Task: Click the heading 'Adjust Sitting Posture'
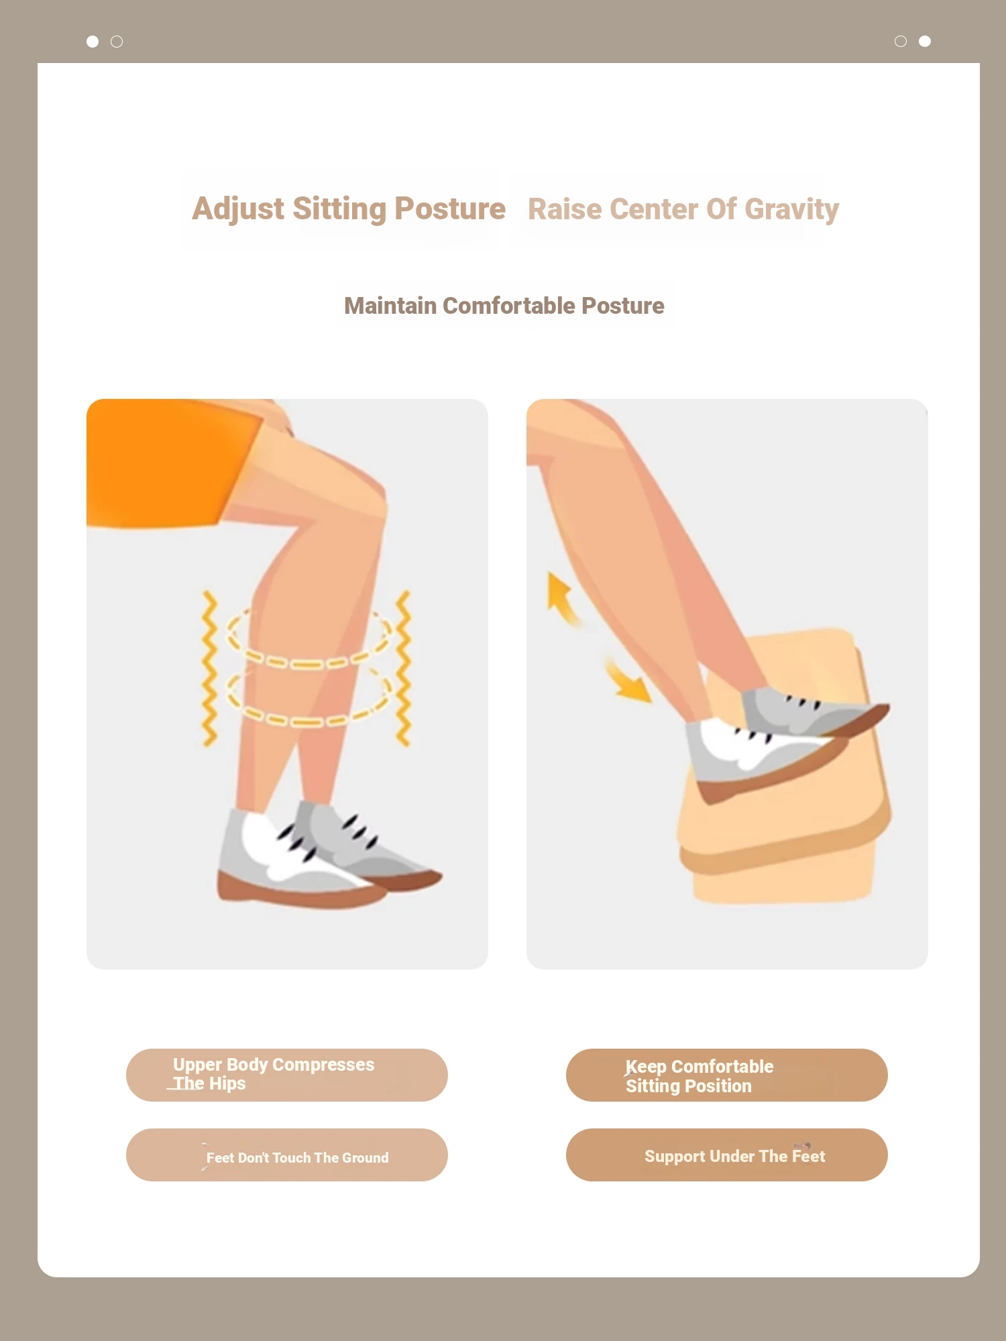(349, 209)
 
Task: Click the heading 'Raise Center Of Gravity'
(683, 209)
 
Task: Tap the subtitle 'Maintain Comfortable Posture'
(504, 306)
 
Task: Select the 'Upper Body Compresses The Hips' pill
(287, 1075)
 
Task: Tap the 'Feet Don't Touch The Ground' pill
(287, 1155)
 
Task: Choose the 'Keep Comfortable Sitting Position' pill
(727, 1075)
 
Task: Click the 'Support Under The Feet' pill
(727, 1155)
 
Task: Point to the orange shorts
(168, 463)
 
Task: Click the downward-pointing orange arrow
(628, 681)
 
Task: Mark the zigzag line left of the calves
(210, 668)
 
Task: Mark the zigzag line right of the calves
(403, 668)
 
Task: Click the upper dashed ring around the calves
(309, 663)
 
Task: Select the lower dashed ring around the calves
(309, 721)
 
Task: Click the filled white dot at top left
(93, 42)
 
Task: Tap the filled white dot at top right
(925, 42)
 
